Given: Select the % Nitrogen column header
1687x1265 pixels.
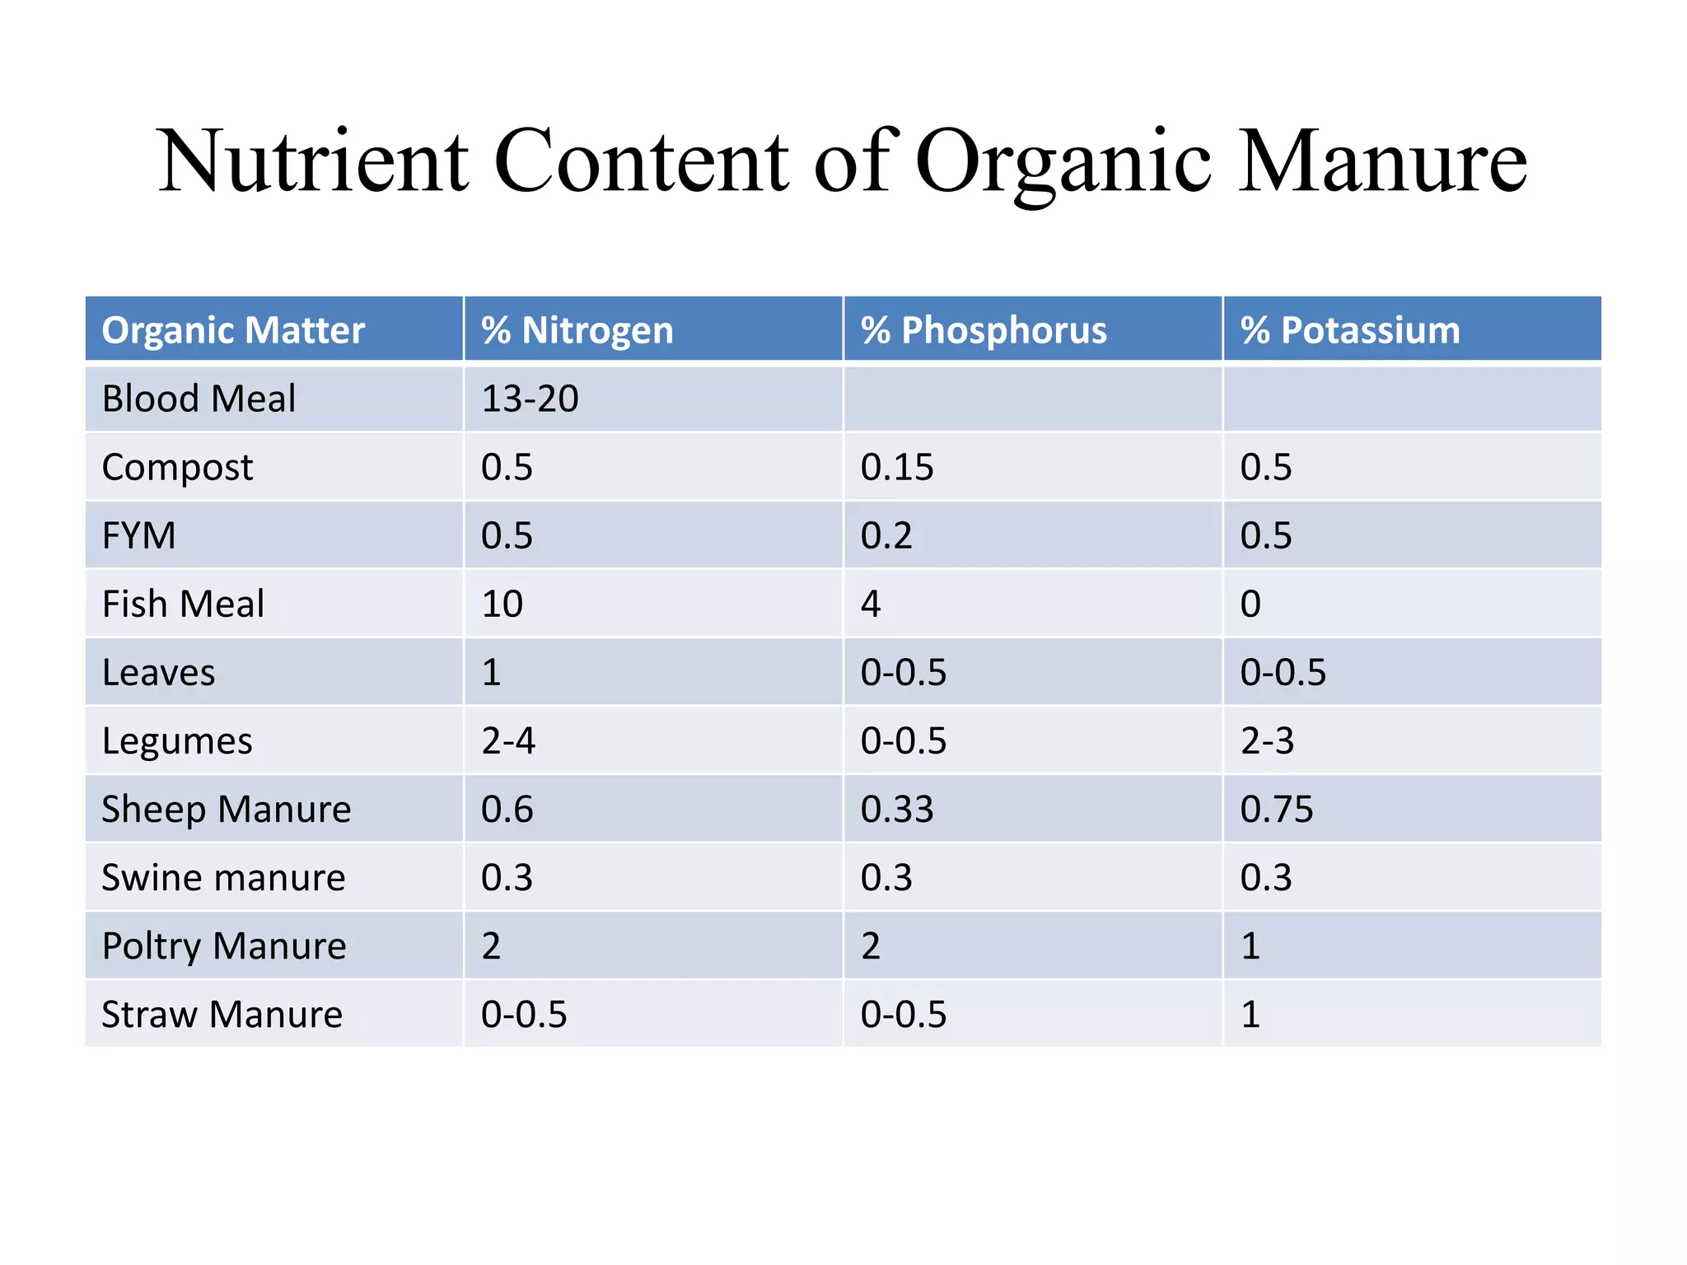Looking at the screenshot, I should point(577,330).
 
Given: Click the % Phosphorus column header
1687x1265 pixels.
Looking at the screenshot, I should point(984,330).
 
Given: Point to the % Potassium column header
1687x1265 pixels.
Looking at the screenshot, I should point(1349,330).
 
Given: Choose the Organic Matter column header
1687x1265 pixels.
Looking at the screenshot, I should point(233,330).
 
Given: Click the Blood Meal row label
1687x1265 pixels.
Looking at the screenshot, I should point(199,399).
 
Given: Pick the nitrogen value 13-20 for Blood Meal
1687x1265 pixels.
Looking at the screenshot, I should point(530,399).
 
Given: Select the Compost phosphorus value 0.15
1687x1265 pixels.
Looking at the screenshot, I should point(897,467).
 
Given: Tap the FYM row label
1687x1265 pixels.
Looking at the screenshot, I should point(138,535).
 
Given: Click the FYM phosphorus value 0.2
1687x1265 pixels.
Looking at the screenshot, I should point(886,535).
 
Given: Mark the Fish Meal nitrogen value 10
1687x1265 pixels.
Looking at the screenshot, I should point(502,604).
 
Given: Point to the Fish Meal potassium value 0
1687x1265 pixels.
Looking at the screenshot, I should point(1250,604).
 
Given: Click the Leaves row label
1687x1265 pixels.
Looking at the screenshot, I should point(158,672).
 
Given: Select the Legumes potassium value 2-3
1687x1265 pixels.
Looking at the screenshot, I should point(1267,740).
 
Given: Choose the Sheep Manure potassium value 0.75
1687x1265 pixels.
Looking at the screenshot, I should point(1277,809).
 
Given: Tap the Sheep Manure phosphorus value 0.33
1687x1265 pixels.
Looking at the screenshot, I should point(897,809).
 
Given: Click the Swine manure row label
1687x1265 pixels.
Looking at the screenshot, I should point(223,877).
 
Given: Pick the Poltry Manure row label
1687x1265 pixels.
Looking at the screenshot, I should point(224,945).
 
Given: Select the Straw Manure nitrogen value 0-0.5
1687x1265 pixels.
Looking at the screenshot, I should point(524,1014).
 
